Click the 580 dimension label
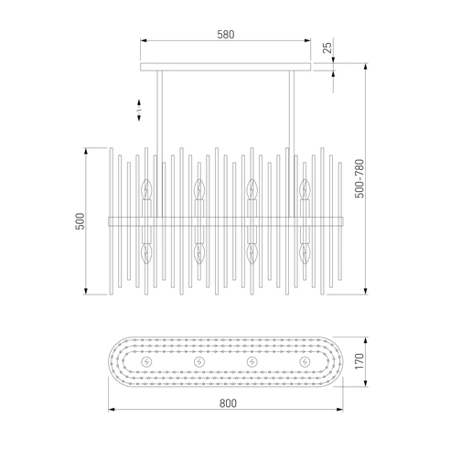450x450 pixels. click(x=226, y=35)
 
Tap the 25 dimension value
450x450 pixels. click(x=327, y=48)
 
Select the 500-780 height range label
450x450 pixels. click(x=359, y=178)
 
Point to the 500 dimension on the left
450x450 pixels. click(x=80, y=221)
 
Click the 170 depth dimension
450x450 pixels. click(x=359, y=361)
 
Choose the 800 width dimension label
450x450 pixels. click(x=228, y=403)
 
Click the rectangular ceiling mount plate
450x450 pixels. click(x=226, y=67)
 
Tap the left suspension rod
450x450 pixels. click(x=159, y=144)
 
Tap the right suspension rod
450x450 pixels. click(x=292, y=144)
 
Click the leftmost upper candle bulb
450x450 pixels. click(x=146, y=189)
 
